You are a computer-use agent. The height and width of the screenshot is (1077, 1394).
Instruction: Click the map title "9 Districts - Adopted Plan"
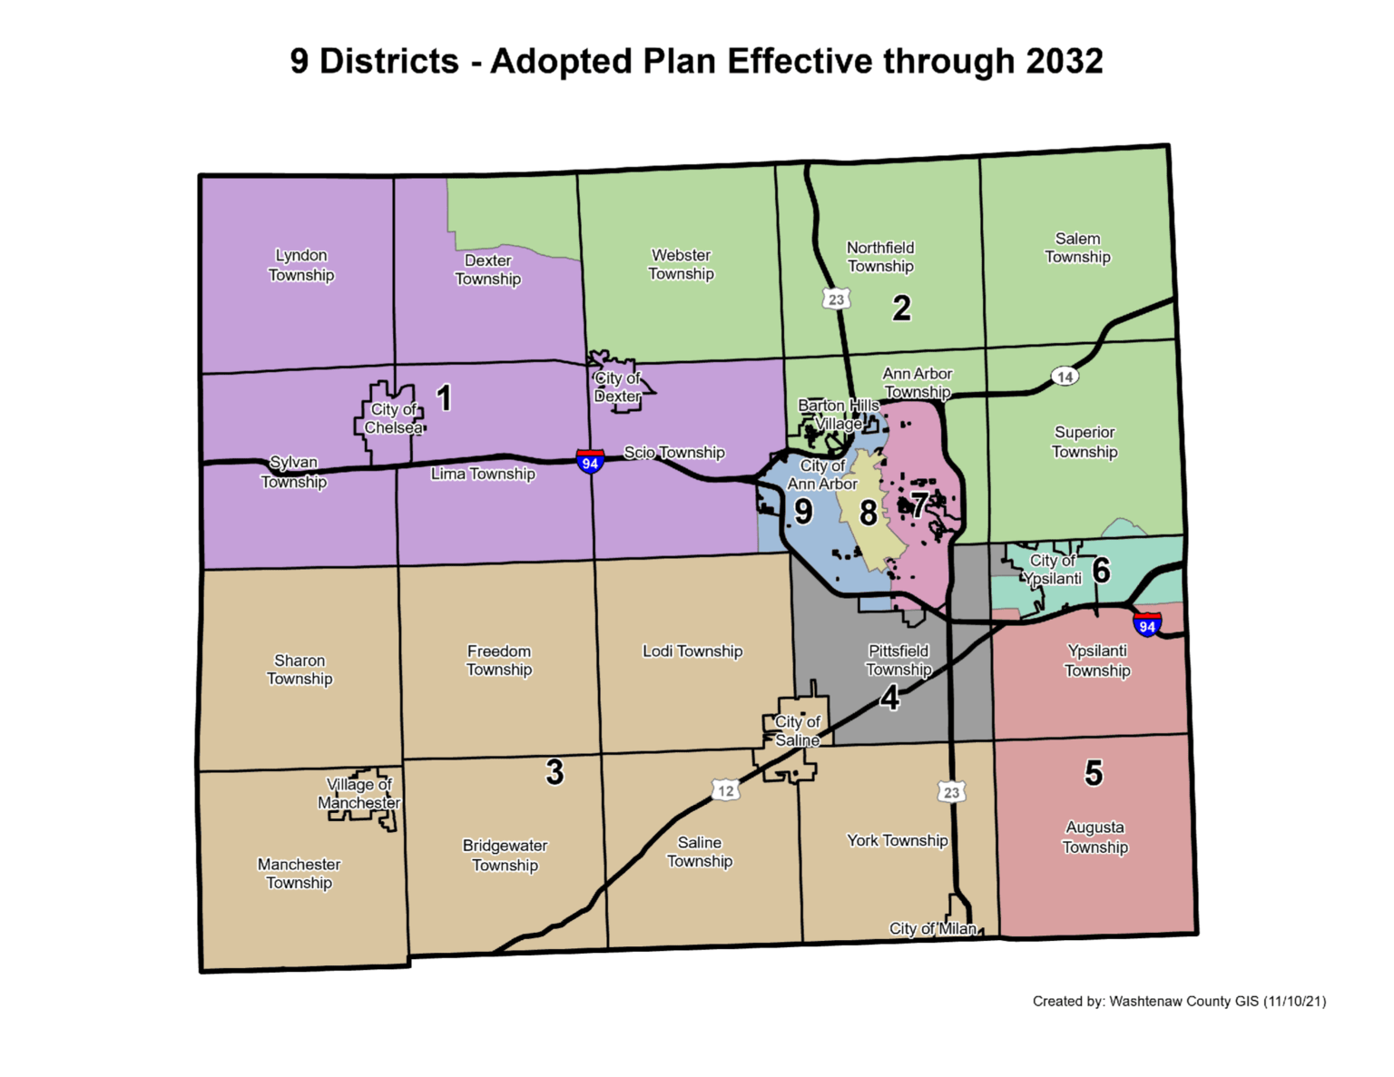[x=696, y=62]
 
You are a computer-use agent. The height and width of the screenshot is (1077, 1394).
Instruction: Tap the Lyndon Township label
[x=301, y=265]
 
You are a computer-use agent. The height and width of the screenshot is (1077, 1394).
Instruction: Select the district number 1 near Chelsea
[x=444, y=398]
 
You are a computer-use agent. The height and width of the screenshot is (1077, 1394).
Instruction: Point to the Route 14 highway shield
[x=1065, y=377]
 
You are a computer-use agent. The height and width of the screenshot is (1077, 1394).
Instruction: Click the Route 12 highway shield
[x=725, y=790]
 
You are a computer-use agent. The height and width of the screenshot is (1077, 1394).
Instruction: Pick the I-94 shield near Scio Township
[x=590, y=462]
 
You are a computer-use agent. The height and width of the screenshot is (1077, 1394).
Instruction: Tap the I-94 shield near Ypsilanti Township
[x=1147, y=625]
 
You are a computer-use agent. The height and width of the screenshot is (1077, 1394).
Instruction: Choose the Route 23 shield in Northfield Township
[x=836, y=299]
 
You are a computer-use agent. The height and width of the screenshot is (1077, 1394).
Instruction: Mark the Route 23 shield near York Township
[x=951, y=792]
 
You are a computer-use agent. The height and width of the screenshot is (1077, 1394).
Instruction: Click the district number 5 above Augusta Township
[x=1094, y=773]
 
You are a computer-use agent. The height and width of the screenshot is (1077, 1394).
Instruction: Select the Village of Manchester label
[x=358, y=794]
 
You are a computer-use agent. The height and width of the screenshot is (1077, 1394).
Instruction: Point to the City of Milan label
[x=932, y=928]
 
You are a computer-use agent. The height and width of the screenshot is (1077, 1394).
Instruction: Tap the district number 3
[x=555, y=772]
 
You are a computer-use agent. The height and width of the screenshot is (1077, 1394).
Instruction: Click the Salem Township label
[x=1077, y=248]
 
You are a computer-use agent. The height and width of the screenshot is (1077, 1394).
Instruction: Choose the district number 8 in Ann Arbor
[x=869, y=514]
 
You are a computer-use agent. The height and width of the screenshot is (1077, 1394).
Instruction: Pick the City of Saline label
[x=797, y=731]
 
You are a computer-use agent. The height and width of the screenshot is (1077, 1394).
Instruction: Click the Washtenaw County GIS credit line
[x=1179, y=1002]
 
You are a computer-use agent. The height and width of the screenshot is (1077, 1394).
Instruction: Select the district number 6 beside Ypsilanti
[x=1101, y=571]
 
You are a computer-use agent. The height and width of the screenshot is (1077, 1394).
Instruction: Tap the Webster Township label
[x=681, y=264]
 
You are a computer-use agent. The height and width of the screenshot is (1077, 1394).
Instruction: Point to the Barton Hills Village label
[x=839, y=414]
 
